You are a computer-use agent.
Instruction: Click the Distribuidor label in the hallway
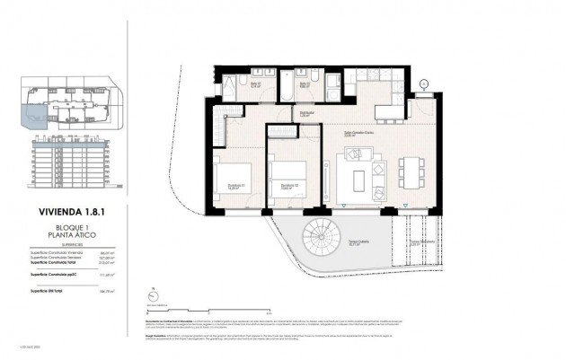[305, 113]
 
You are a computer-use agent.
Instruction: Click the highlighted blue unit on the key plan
[32, 113]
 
